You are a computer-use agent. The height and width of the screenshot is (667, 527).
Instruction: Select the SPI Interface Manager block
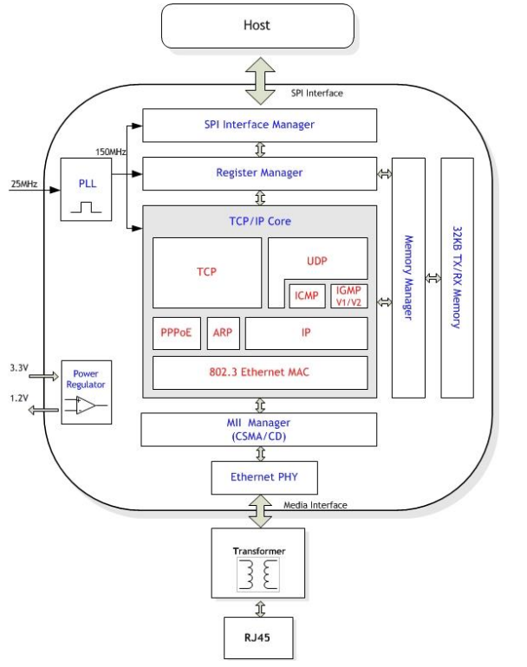(x=259, y=125)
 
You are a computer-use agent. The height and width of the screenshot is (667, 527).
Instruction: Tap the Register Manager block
(x=259, y=172)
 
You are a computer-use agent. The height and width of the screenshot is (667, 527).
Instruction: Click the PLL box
(x=85, y=189)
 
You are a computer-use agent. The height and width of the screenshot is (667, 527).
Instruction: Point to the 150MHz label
(x=112, y=152)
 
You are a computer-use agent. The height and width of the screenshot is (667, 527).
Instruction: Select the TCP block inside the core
(x=206, y=272)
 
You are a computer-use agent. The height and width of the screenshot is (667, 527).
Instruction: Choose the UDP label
(x=316, y=259)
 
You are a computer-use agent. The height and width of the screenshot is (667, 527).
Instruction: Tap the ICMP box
(x=305, y=295)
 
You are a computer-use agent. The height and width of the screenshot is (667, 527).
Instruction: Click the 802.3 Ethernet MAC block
(x=259, y=372)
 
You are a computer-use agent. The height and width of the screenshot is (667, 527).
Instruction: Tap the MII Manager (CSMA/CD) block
(x=259, y=428)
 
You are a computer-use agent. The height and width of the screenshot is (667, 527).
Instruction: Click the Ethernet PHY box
(x=259, y=476)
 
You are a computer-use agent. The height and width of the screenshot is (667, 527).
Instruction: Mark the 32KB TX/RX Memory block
(x=458, y=277)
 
